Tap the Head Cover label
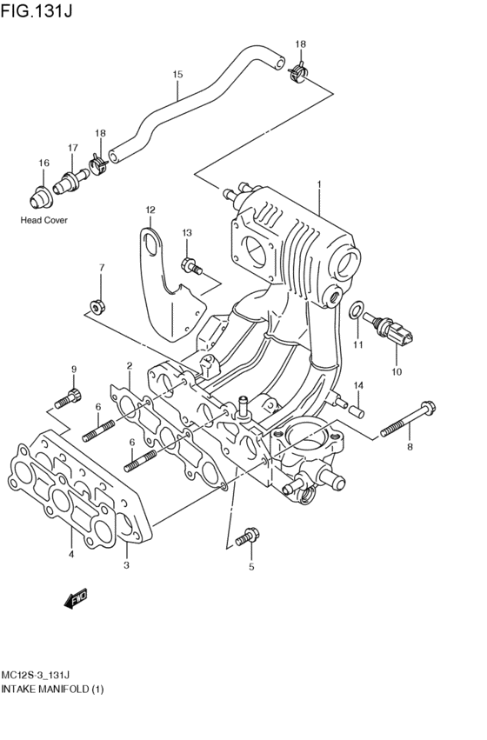click(43, 220)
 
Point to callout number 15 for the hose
click(177, 75)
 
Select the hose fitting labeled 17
click(70, 183)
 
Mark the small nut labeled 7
click(97, 306)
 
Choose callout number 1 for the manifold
click(319, 184)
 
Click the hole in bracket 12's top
click(152, 241)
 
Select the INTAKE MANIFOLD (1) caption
click(53, 689)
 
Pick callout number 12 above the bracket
click(150, 210)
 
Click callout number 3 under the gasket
click(126, 565)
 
